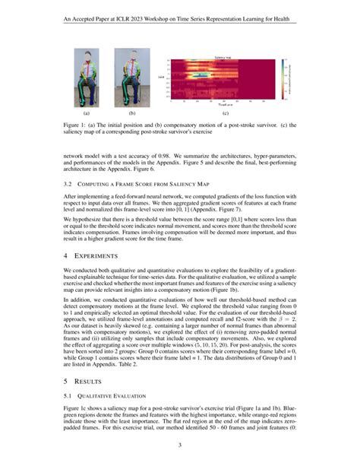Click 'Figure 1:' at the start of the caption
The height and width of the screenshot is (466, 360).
coord(76,124)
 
